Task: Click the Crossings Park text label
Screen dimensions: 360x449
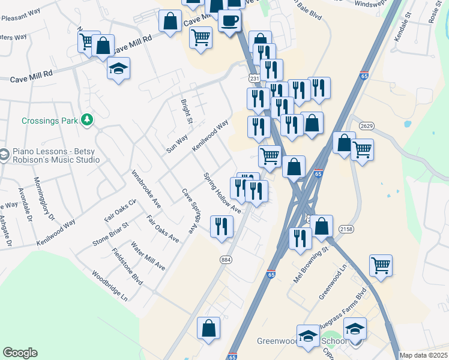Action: pos(50,121)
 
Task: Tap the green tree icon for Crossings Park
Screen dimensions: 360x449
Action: pos(88,120)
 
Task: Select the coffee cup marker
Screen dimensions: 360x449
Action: pos(229,21)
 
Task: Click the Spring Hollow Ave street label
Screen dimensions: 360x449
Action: pos(222,193)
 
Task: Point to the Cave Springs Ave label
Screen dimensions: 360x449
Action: pos(190,211)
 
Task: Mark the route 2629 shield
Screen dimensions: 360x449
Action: pos(367,125)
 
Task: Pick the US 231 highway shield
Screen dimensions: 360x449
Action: pos(255,79)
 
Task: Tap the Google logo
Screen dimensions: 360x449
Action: pos(20,353)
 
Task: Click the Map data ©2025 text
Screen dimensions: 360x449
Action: pos(423,355)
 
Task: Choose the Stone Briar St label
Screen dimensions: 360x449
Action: pos(111,235)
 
